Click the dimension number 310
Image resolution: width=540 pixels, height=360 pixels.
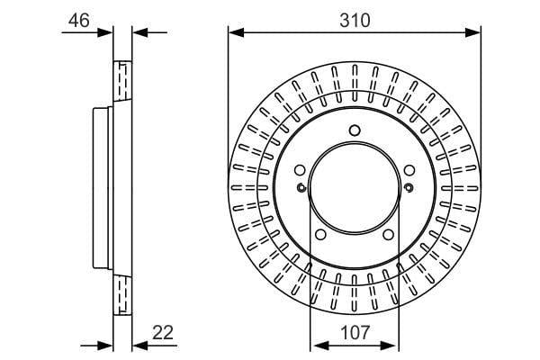355,21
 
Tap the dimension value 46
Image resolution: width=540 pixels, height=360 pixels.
79,21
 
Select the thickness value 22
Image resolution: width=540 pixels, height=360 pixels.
163,332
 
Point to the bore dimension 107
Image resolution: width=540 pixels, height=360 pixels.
355,332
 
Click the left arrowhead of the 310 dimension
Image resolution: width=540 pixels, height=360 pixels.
236,32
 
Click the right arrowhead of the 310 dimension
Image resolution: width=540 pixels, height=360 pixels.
472,32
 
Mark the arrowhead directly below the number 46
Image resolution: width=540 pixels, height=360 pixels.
105,32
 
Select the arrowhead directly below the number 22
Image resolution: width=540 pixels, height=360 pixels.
140,346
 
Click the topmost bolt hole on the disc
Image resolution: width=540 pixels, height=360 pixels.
355,130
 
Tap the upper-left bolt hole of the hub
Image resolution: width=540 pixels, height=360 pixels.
300,170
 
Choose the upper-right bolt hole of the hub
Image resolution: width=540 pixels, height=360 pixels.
409,170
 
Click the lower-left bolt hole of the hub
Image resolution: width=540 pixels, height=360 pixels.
320,235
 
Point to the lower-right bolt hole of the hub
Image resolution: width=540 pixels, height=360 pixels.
388,235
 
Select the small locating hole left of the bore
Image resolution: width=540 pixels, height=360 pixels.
301,188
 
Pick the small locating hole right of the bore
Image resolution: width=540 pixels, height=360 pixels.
409,188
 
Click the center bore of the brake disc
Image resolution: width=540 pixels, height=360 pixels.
355,188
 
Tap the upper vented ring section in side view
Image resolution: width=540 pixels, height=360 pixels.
122,81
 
